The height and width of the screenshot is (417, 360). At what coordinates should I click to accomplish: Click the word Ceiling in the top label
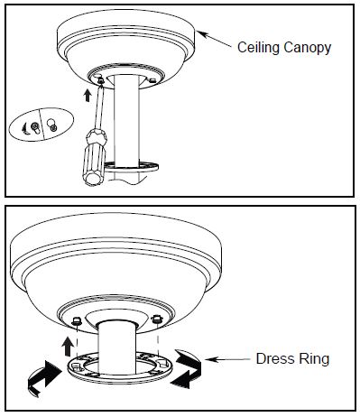point(258,48)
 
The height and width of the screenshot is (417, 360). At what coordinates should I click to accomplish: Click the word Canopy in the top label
point(307,49)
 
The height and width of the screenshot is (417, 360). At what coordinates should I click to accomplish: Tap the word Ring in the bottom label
point(313,359)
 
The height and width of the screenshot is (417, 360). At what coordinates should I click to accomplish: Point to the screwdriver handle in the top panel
point(95,157)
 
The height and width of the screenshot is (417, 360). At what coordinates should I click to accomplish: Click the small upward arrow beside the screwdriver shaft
point(88,95)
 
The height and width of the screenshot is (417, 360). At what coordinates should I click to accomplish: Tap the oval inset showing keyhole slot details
point(42,124)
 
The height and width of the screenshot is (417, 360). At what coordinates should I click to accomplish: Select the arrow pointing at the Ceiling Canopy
point(214,39)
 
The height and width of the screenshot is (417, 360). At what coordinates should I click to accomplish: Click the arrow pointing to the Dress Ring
point(227,359)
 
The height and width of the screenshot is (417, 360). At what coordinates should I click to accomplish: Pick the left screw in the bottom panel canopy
point(76,321)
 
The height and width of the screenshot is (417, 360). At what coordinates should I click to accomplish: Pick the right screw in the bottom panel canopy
point(157,319)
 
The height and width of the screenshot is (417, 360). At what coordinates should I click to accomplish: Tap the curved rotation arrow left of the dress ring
point(43,377)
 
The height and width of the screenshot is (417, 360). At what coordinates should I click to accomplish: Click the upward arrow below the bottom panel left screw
point(68,347)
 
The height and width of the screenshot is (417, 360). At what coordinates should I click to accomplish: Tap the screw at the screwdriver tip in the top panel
point(101,80)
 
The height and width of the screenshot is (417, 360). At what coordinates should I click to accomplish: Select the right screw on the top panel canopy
point(152,80)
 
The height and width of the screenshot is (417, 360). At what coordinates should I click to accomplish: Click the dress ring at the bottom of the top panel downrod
point(133,167)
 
